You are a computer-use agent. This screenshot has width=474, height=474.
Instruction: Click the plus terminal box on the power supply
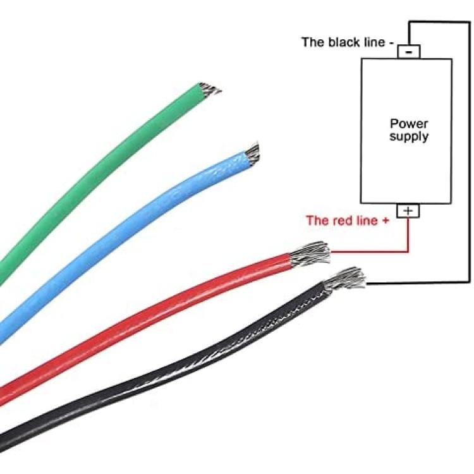tap(408, 210)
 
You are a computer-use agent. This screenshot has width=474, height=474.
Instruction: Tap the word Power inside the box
tap(408, 124)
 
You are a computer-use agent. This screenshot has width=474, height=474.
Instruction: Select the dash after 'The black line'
tap(392, 42)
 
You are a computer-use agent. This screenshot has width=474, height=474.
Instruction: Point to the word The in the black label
tap(312, 42)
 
